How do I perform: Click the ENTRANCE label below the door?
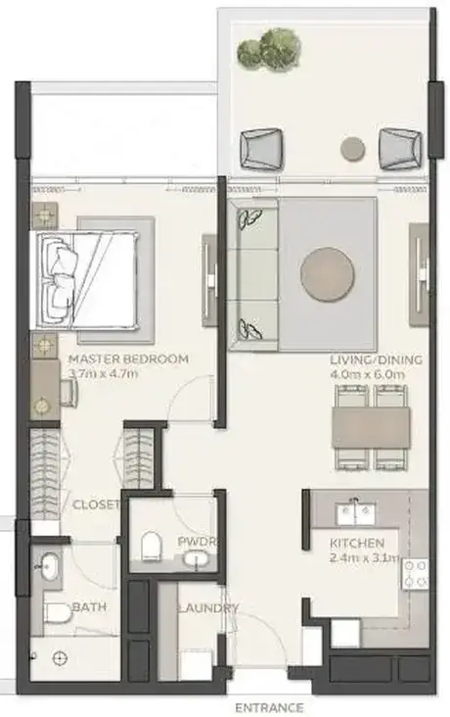269,708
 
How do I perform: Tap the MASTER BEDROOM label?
128,358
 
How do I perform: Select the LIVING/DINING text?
376,359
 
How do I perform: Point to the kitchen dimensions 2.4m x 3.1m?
365,558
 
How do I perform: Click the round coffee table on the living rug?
327,274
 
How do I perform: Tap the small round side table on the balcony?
353,149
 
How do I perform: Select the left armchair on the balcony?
261,149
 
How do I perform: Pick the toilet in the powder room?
152,546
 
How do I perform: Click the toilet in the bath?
58,613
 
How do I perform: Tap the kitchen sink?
356,513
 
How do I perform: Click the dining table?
371,427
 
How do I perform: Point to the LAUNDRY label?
207,608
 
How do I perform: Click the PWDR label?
196,542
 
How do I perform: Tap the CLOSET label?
96,504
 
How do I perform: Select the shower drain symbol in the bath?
60,658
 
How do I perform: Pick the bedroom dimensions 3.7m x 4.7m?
103,373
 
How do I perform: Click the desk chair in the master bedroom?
68,393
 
